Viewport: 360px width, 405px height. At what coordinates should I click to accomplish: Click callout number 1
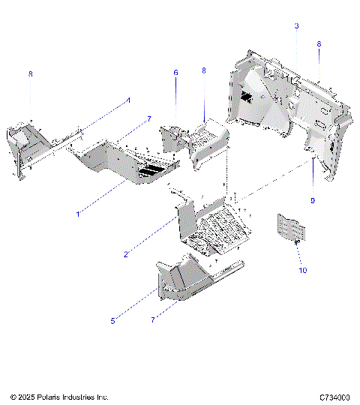click(77, 214)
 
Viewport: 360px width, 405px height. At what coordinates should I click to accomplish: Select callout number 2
click(125, 254)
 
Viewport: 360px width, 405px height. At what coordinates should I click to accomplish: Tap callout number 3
click(296, 26)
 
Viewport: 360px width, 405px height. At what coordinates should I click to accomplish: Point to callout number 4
click(127, 100)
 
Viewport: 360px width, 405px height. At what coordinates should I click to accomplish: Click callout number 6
click(176, 73)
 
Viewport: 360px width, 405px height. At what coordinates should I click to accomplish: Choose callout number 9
click(312, 200)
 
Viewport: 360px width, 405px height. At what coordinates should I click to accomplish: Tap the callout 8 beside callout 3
click(319, 44)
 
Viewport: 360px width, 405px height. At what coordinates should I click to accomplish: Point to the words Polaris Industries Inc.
click(75, 396)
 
